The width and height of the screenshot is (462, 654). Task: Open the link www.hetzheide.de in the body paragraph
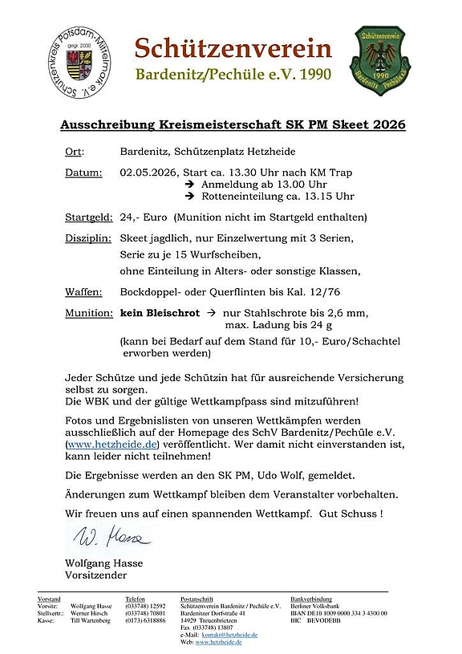click(112, 444)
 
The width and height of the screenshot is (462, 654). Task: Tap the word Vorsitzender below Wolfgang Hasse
click(95, 575)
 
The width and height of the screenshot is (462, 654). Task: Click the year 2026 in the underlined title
click(387, 125)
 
